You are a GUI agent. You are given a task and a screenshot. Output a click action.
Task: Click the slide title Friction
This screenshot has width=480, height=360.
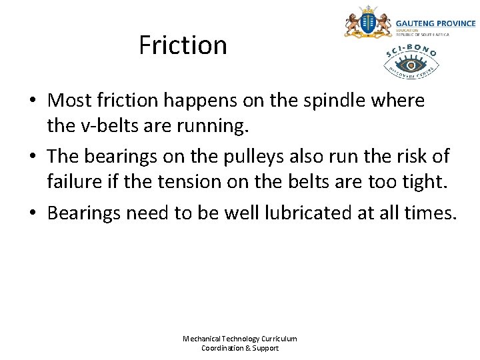[x=183, y=45]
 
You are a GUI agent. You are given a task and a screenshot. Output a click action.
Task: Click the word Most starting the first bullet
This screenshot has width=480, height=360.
[x=70, y=101]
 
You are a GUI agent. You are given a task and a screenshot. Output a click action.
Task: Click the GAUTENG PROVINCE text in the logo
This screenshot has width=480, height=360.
[x=436, y=23]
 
